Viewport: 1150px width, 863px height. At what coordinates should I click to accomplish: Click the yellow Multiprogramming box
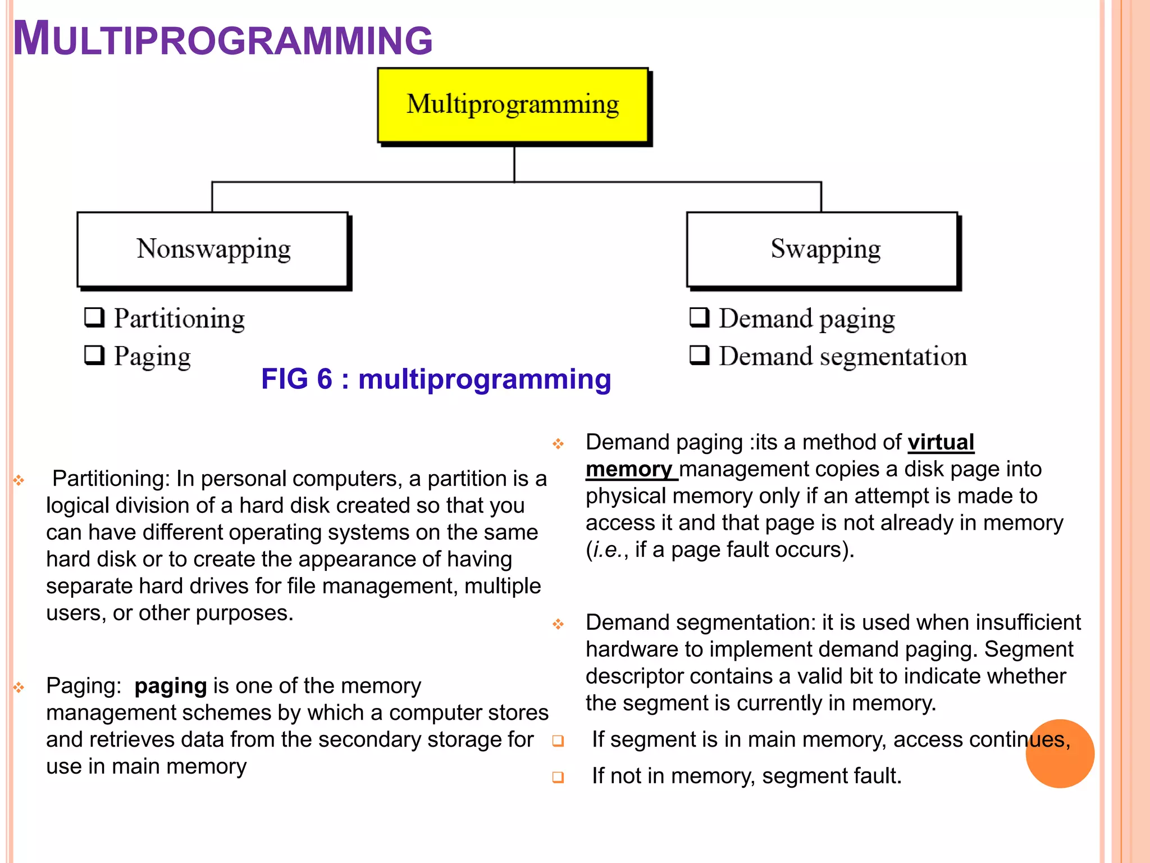pos(513,105)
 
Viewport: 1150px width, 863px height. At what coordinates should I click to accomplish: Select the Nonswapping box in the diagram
pos(213,249)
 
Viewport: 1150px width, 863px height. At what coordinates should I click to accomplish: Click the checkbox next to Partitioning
pos(94,317)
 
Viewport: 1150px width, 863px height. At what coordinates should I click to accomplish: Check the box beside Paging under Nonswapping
pos(94,355)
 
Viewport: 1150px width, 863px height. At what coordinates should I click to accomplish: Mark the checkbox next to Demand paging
pos(699,317)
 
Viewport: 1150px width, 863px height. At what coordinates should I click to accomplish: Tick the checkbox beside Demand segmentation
pos(699,355)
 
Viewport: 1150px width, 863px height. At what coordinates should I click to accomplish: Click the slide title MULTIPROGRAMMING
pos(222,39)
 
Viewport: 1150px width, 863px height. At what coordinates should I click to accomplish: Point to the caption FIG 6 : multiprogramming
pos(436,379)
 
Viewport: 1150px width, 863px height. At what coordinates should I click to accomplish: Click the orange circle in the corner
pos(1060,753)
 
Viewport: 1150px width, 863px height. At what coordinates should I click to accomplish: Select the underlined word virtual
pos(941,443)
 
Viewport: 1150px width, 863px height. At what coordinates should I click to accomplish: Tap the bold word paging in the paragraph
pos(171,687)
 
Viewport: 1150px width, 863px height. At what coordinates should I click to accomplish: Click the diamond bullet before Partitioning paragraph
pos(19,480)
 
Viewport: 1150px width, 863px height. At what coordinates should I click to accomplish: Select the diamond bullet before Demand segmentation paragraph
pos(558,624)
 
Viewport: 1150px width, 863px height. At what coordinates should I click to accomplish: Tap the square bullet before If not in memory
pos(558,777)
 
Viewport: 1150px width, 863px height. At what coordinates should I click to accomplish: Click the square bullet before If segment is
pos(558,741)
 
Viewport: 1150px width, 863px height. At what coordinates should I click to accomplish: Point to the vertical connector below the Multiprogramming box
pos(514,164)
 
